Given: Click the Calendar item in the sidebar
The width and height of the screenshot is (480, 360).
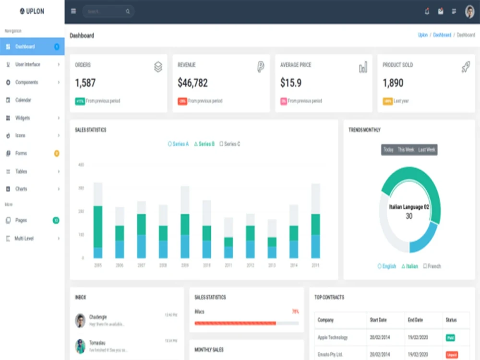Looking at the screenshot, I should coord(23,100).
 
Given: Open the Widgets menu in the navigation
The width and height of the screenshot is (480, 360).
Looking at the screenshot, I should coord(23,118).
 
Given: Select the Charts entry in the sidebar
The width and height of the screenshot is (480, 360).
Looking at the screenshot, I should coord(21,189).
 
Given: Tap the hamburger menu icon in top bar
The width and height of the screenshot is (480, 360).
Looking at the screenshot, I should coord(73,11).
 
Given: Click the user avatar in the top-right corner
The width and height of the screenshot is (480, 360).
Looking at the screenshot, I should coord(469,12).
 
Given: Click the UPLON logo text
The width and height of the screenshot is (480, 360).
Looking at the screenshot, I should coord(35,11).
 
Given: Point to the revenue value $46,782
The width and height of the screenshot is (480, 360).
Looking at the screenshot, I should coord(192,83).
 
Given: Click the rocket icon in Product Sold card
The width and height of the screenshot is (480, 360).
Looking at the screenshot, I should coord(465,67).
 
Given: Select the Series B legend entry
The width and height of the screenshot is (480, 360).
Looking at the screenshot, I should coord(204,144).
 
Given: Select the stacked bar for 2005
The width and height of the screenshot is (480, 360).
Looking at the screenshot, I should coord(98,221).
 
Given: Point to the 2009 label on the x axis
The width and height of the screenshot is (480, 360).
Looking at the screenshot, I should coord(185,265).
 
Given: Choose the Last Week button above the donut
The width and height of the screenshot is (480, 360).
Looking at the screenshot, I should coord(426,150).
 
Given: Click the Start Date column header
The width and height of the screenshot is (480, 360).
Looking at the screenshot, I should coord(380,320).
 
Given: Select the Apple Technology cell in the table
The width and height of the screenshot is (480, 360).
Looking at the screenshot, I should coord(333,337).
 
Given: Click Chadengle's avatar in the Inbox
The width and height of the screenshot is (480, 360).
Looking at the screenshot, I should coord(80,320).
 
